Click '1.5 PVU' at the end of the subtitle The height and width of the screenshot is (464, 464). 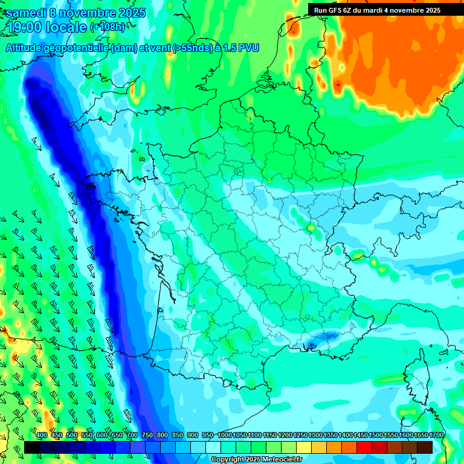[240, 48]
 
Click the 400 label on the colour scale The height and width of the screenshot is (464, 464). [42, 436]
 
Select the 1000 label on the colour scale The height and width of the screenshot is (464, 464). [225, 436]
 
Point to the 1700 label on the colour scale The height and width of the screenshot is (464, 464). [436, 436]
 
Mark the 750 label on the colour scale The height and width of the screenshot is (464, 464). [147, 436]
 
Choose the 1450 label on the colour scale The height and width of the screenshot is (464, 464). [361, 436]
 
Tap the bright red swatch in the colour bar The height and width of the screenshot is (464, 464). [364, 447]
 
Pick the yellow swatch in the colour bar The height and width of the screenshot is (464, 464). [304, 447]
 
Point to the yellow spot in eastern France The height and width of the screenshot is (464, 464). [311, 228]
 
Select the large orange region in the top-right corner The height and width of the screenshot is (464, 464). [399, 72]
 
